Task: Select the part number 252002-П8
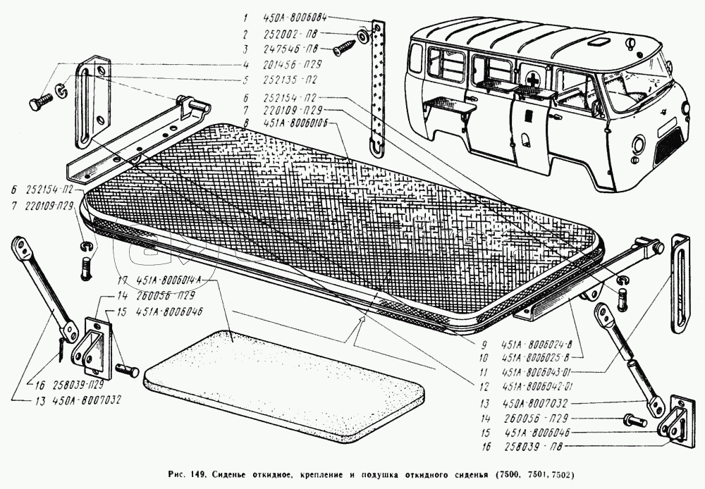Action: click(286, 35)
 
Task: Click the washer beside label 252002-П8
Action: click(362, 35)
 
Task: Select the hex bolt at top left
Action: click(37, 102)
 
